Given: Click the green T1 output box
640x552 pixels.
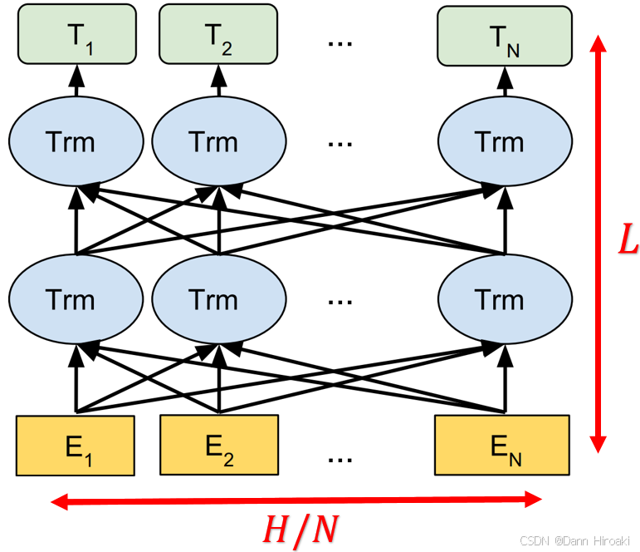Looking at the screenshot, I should point(76,34).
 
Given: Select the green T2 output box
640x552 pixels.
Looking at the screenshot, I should point(218,34).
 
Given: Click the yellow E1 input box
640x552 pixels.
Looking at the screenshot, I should point(76,445).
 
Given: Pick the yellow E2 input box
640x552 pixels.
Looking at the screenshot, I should point(219,445).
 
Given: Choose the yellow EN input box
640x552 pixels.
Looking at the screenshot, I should point(502,445).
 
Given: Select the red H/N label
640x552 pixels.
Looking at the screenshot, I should point(300,529).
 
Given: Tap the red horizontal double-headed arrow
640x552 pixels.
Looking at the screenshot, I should point(296,500).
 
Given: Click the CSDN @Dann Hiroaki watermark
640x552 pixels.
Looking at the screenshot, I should point(576,540).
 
